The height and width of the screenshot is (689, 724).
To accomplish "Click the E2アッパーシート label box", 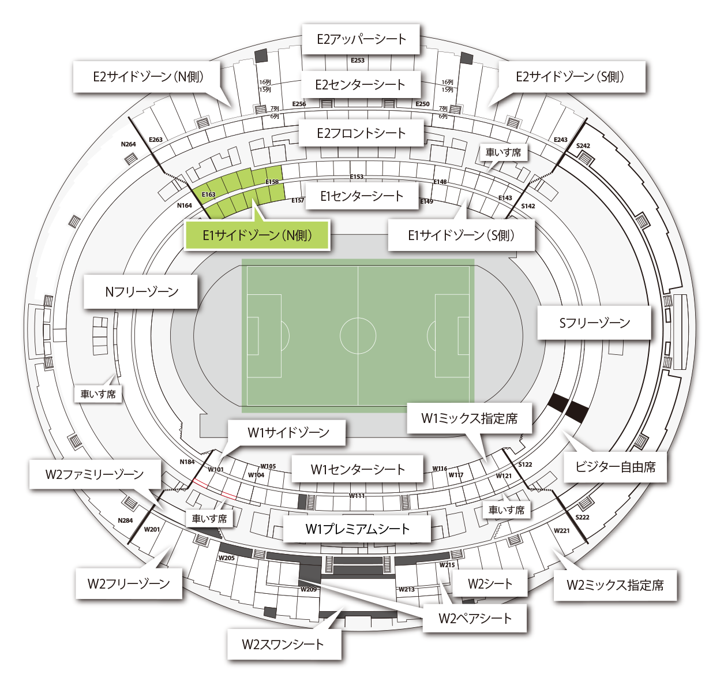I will (361, 39).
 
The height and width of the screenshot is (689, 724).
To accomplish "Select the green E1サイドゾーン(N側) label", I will (257, 235).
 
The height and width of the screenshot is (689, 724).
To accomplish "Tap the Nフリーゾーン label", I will (141, 291).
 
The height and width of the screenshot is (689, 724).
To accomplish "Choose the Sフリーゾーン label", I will (594, 323).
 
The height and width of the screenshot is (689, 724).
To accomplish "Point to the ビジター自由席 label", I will (615, 467).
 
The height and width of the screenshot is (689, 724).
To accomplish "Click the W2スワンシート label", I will (283, 644).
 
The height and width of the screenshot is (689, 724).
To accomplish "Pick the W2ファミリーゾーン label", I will (95, 474).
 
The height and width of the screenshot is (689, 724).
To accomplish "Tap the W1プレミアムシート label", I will (357, 529).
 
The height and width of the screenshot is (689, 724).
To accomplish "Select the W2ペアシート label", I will (475, 618).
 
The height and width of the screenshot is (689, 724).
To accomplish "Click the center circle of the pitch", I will (358, 335).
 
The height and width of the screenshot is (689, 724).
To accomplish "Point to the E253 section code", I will (358, 60).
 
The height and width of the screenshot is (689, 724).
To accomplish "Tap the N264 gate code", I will (128, 144).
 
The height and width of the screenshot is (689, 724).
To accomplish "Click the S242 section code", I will (583, 146).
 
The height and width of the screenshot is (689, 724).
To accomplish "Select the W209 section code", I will (309, 589).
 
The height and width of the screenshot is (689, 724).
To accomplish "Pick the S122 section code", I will (525, 465).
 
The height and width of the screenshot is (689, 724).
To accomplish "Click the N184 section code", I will (187, 462).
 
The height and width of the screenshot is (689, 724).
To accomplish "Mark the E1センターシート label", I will (362, 196).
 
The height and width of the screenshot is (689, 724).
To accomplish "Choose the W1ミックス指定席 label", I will (469, 418).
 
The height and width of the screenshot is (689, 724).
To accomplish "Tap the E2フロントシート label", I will (361, 133).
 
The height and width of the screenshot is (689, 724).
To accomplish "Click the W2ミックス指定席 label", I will (615, 585).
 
